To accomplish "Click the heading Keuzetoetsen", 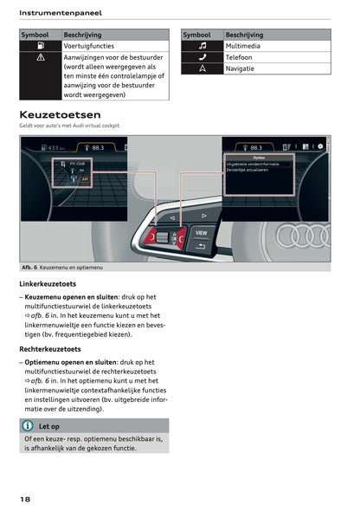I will tap(60, 114).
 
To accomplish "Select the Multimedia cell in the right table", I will tap(246, 45).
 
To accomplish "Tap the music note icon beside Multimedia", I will tap(202, 45).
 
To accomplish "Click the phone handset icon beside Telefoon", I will tap(202, 55).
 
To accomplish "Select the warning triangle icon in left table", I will tap(40, 57).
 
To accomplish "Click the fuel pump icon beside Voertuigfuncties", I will tap(40, 45).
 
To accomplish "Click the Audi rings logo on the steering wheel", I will tap(308, 236).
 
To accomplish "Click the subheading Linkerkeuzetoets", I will tap(48, 284).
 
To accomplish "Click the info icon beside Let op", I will tap(29, 426).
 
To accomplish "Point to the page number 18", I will tap(27, 499).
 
